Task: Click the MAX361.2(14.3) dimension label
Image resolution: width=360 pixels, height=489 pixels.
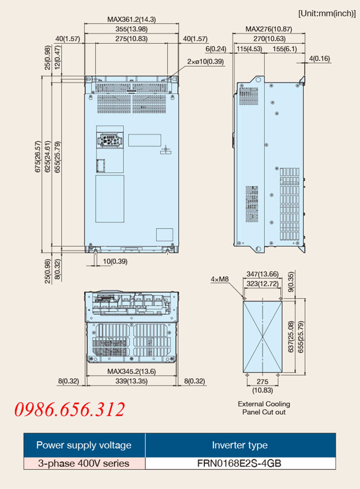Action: [131, 19]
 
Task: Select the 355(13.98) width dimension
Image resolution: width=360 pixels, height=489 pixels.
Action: [131, 29]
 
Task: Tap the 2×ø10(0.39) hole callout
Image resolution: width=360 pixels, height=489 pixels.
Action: [205, 61]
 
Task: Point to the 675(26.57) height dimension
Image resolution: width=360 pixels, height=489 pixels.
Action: [38, 157]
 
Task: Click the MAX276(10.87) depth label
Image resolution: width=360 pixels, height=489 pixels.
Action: [269, 29]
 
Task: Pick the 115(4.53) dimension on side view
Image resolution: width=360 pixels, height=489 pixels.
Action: [249, 49]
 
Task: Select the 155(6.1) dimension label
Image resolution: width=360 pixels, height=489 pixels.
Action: [284, 49]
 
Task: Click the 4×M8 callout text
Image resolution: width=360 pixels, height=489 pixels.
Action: [220, 279]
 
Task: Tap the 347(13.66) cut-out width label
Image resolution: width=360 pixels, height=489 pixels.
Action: [262, 274]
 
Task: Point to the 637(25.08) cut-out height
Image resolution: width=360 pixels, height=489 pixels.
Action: [291, 336]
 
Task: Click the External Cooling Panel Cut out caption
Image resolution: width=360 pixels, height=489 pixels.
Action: [264, 408]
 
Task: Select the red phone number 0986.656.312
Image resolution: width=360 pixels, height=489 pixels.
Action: [69, 409]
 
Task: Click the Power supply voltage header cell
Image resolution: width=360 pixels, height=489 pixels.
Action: [84, 445]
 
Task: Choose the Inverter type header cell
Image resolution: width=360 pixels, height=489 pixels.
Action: [240, 445]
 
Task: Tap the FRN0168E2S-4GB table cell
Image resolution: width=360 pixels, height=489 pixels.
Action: [240, 463]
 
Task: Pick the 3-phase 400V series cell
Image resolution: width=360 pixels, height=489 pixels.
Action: [84, 463]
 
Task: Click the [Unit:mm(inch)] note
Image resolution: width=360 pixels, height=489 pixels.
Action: [327, 14]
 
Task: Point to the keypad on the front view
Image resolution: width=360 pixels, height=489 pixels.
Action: [110, 140]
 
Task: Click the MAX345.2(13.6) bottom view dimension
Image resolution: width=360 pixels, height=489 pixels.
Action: [131, 371]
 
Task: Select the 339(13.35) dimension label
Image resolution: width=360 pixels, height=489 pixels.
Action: [131, 381]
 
